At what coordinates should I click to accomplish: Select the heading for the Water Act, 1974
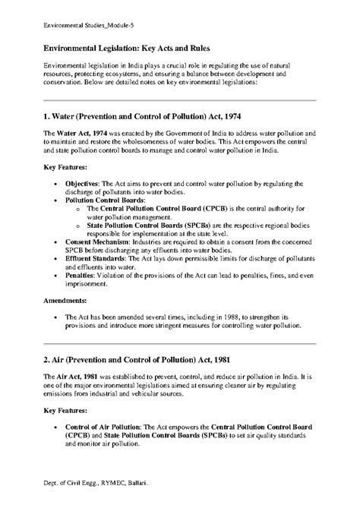coord(147,118)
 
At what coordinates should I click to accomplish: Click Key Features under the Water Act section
coord(65,166)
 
